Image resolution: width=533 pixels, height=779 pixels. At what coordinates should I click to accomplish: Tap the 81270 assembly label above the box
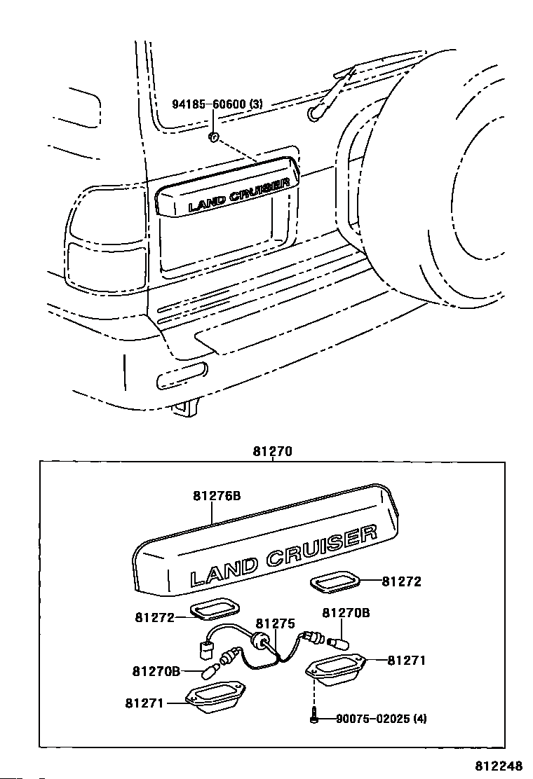point(273,452)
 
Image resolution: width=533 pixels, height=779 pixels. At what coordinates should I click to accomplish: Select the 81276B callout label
point(217,496)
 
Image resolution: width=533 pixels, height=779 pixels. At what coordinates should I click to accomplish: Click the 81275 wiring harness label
point(276,623)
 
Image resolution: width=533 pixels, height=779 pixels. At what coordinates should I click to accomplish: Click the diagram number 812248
point(498,766)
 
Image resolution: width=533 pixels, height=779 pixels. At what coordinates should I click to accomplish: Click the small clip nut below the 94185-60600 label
point(213,137)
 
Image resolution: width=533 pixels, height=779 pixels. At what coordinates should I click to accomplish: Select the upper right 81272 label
point(401,581)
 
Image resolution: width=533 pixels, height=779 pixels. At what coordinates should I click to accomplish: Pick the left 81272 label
point(154,617)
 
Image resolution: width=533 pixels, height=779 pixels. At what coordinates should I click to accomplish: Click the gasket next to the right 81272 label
point(334,582)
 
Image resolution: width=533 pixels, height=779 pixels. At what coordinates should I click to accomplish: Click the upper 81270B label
point(346,612)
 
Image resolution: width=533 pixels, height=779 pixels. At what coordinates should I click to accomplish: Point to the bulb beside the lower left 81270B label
point(209,673)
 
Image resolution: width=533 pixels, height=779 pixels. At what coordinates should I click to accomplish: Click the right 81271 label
point(406,661)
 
